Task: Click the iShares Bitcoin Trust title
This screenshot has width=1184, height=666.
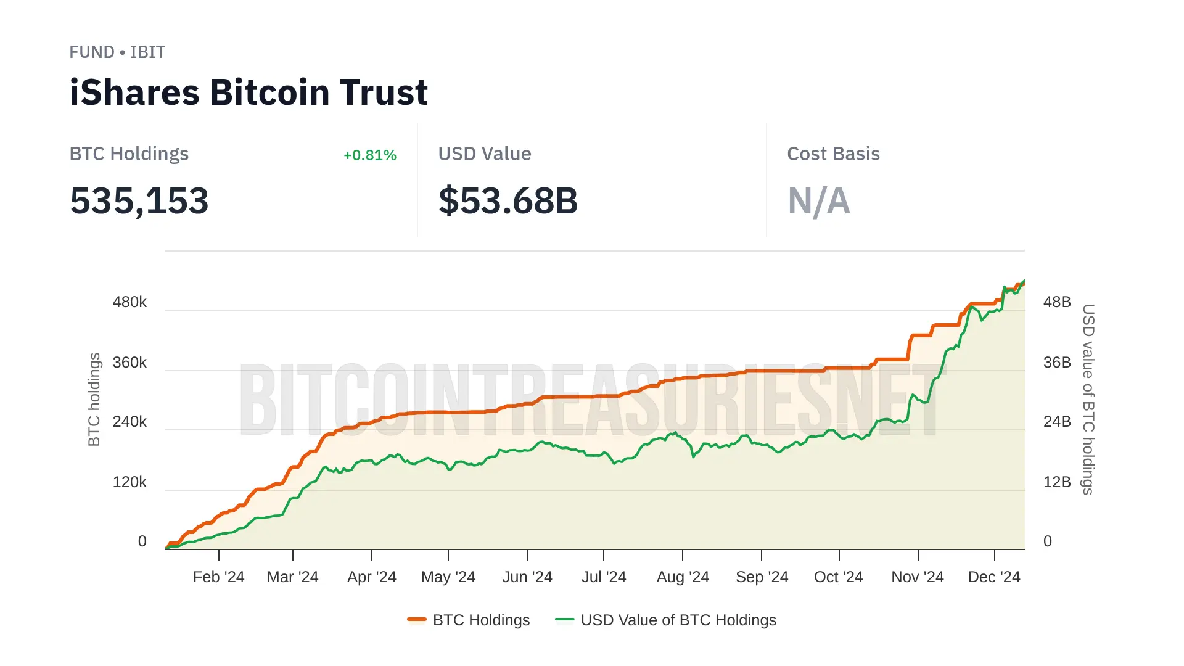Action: click(x=248, y=92)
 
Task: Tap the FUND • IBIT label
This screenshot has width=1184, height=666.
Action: click(x=117, y=52)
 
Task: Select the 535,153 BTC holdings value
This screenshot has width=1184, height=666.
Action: click(x=139, y=201)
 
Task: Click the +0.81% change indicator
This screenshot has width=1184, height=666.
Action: click(x=369, y=155)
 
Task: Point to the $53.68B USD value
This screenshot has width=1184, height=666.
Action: click(x=508, y=201)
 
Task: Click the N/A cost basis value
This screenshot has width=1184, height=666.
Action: click(x=818, y=201)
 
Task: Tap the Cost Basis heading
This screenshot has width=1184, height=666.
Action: click(x=833, y=154)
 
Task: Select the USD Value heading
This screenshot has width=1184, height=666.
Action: click(x=485, y=154)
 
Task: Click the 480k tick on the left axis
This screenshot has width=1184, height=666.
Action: click(x=129, y=302)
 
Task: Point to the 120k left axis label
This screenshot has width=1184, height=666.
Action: click(x=129, y=482)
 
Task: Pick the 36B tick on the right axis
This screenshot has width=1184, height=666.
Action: click(x=1057, y=363)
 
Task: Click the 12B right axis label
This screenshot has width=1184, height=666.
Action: click(x=1057, y=482)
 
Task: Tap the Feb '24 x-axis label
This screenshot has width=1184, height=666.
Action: click(x=218, y=577)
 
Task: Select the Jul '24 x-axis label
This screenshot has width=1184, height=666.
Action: click(x=604, y=577)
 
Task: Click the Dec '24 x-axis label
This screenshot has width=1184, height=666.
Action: click(x=994, y=577)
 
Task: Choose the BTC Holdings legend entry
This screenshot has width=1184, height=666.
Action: click(x=469, y=620)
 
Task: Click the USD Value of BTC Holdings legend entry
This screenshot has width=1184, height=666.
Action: click(x=666, y=620)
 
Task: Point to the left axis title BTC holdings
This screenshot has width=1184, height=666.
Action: click(x=94, y=399)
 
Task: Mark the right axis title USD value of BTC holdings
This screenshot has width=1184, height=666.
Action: click(x=1088, y=399)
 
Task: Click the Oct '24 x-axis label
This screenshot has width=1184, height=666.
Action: click(x=839, y=577)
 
